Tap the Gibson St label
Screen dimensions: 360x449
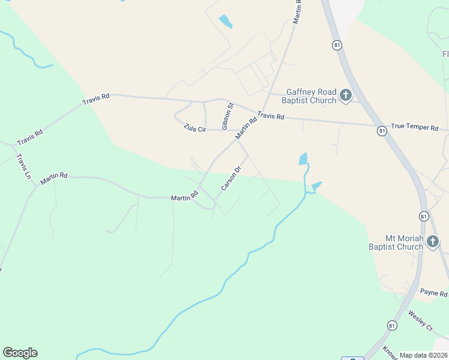(228, 116)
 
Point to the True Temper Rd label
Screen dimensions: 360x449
(415, 127)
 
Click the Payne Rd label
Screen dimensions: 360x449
(434, 293)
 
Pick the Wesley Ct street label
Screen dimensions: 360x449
(420, 320)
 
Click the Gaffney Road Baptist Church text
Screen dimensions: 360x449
(311, 96)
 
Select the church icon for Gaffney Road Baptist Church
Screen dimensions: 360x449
(345, 95)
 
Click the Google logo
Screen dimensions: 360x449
(20, 353)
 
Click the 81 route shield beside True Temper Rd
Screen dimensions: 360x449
(381, 130)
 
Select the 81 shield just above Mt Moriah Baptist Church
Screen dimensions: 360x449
(424, 216)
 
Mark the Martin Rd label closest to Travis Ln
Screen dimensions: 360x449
(54, 178)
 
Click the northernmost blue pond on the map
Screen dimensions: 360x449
(225, 22)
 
